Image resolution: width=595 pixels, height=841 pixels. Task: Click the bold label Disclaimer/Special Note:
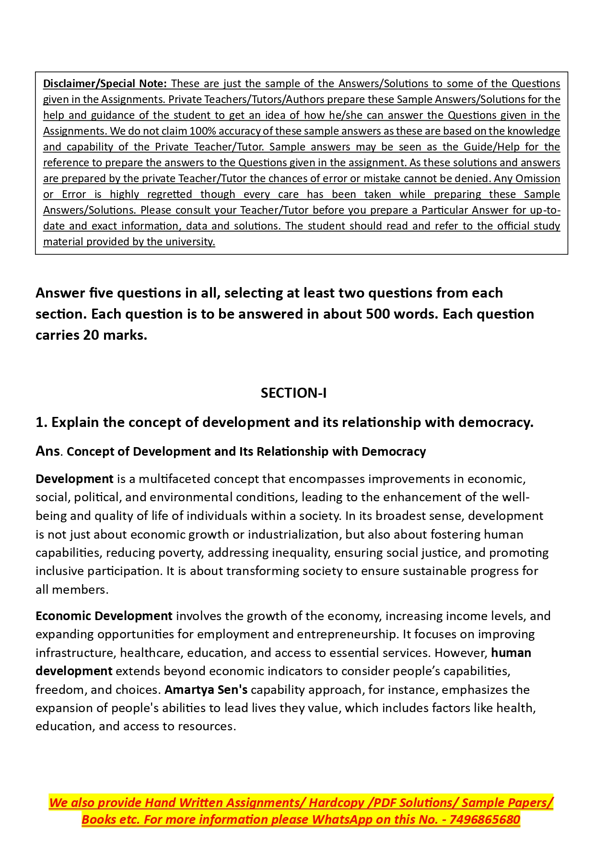point(105,83)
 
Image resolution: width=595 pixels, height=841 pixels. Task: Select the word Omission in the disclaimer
point(538,178)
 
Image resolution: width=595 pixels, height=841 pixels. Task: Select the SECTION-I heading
point(293,393)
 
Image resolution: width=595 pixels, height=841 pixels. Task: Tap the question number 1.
point(41,422)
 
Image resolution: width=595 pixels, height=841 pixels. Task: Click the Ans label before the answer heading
point(47,451)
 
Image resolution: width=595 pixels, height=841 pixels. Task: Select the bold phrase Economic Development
point(104,616)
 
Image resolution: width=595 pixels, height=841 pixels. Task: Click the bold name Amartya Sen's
point(206,690)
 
